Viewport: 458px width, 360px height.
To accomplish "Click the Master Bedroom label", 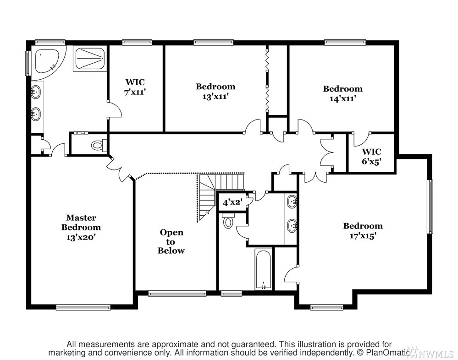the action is point(81,222).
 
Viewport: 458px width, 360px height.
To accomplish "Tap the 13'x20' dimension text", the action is point(81,237).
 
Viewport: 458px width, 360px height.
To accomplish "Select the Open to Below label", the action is point(171,241).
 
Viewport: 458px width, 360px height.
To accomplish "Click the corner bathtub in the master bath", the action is point(47,61).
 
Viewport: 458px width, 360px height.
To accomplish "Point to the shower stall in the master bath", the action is point(90,59).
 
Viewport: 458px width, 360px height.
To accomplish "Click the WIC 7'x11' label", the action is point(135,87).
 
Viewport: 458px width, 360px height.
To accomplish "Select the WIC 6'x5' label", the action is point(371,156).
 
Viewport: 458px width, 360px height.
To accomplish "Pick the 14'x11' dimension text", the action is point(342,98).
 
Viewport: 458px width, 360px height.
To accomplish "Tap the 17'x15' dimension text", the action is point(363,236).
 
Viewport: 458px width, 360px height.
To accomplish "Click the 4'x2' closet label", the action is point(232,202).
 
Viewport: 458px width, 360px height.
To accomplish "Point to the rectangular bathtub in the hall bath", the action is point(263,269).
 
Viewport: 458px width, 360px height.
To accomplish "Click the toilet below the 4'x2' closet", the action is point(228,221).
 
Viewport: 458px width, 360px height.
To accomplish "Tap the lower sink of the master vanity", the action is point(36,114).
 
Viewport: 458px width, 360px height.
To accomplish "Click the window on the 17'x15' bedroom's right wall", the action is point(430,207).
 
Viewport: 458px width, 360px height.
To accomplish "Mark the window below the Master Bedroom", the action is point(83,307).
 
